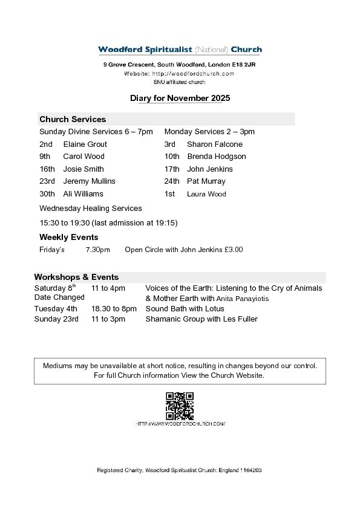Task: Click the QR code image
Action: [180, 406]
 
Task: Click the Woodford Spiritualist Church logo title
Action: [180, 50]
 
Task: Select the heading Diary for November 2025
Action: [180, 98]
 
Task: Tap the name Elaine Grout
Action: [85, 144]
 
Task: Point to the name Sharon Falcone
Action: [214, 144]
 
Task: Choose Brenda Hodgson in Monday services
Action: [216, 157]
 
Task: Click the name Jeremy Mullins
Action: [89, 181]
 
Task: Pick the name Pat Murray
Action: [206, 181]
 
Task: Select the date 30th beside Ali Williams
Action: [47, 194]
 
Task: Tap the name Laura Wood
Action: [206, 194]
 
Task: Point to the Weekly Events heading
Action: [68, 237]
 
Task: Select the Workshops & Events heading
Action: [76, 277]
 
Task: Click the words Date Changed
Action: [59, 298]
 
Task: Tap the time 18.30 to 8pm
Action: [114, 308]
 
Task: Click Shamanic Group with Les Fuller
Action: [201, 319]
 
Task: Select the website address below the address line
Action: [179, 73]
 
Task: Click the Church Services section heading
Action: [72, 119]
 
